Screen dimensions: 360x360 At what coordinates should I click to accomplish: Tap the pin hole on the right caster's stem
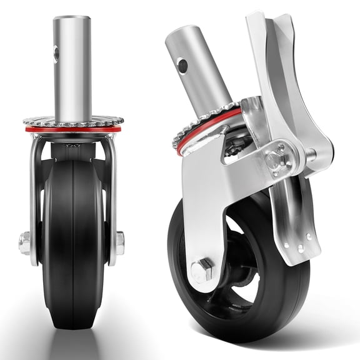(x=182, y=64)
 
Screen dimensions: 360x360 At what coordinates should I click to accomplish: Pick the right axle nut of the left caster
(x=119, y=240)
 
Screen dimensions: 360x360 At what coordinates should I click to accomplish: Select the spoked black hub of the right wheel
(x=241, y=275)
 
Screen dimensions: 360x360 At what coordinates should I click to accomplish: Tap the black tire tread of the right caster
(x=275, y=300)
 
